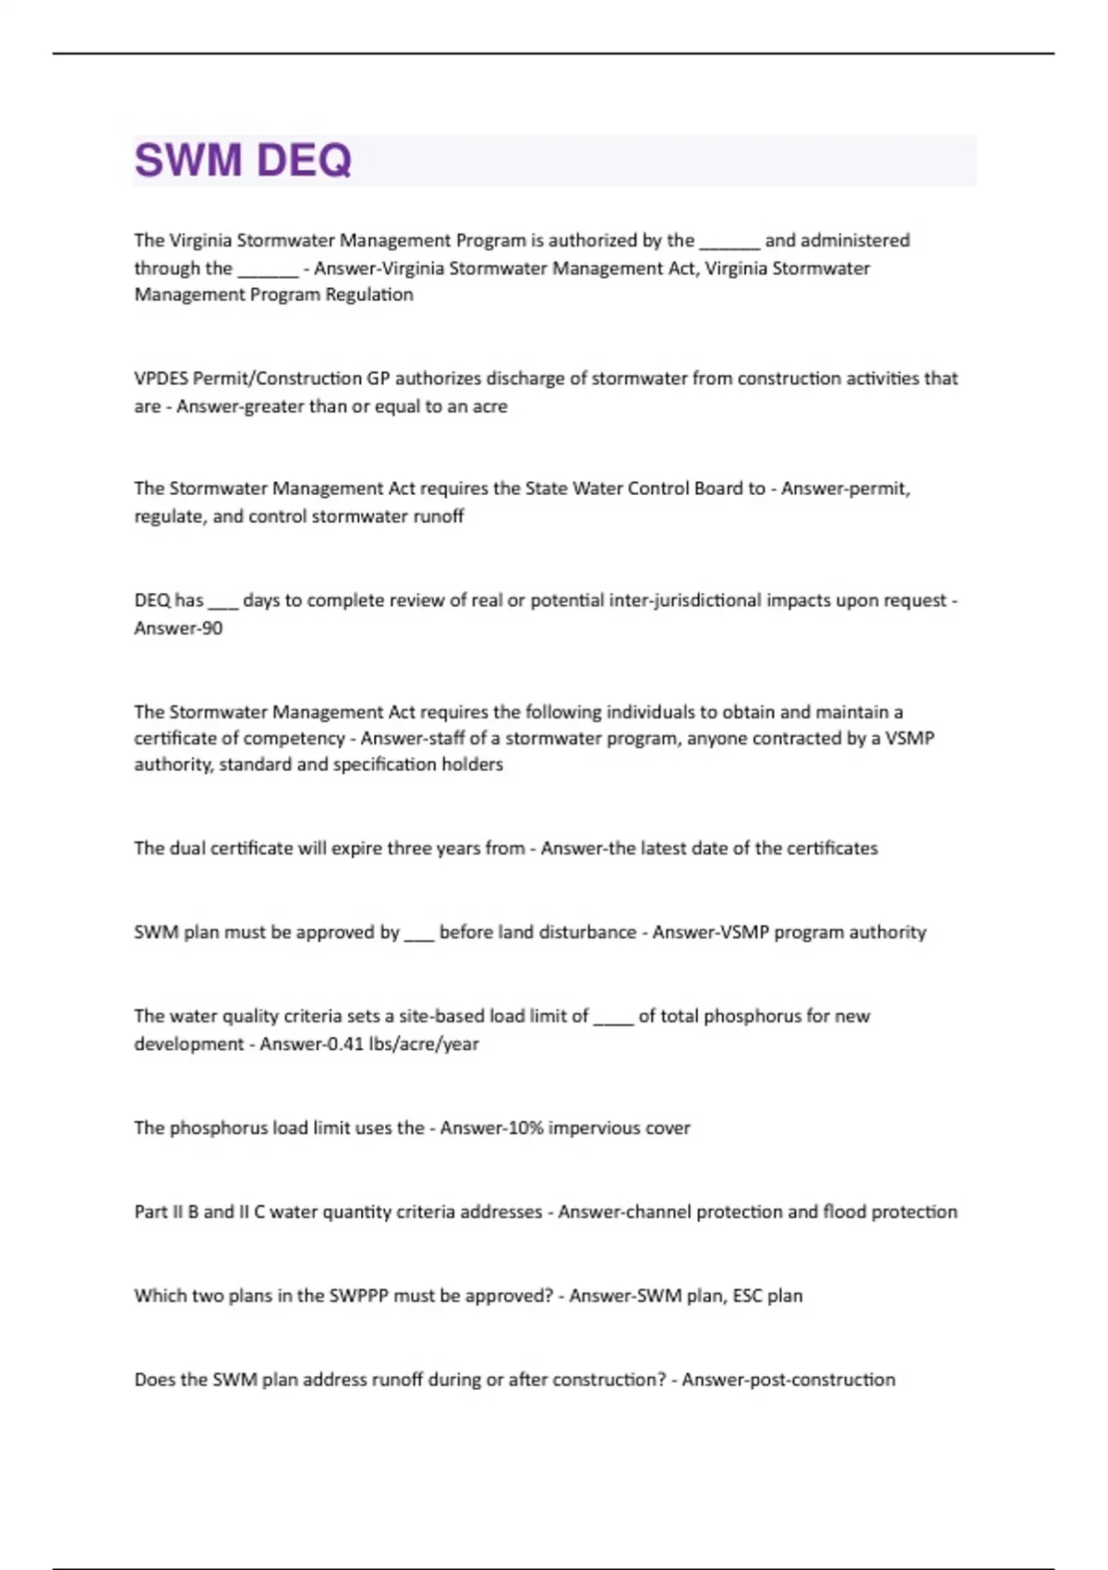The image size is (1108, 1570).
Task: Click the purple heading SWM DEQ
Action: coord(243,160)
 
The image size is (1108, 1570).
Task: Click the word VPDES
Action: coord(161,379)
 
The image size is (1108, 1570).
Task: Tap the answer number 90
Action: coord(212,628)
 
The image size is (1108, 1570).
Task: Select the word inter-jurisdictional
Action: coord(685,600)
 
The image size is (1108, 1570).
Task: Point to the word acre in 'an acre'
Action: coord(489,406)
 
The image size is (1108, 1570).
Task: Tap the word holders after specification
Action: coord(473,764)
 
